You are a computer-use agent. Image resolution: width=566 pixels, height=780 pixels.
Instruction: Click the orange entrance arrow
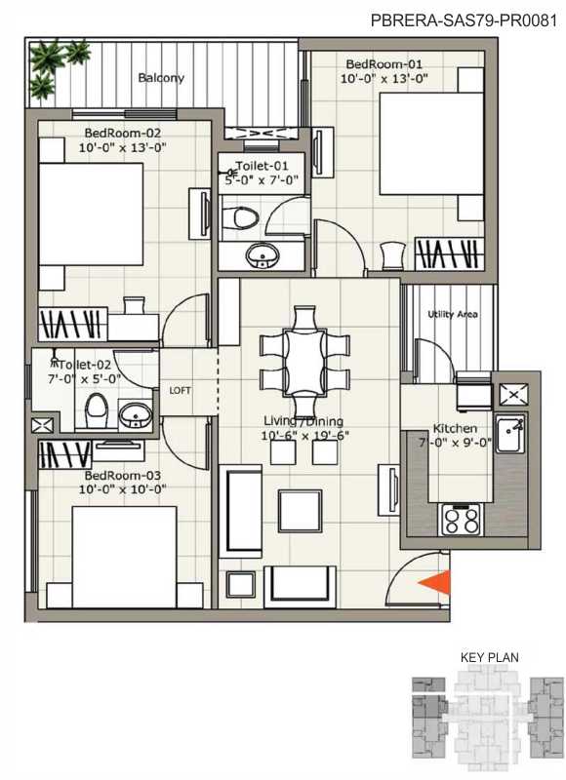point(436,582)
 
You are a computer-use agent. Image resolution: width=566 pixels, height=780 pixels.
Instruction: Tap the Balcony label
point(161,78)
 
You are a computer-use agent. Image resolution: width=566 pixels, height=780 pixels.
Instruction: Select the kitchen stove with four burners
point(461,520)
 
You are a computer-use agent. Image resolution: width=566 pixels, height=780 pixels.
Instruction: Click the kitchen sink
point(510,434)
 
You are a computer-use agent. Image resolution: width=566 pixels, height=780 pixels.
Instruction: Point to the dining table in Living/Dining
point(303,362)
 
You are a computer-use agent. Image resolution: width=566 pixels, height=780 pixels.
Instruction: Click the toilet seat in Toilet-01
point(238,218)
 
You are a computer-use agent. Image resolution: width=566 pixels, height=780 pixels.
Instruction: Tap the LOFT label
point(180,391)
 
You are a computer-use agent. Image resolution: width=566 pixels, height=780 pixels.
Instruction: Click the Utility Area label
point(453,314)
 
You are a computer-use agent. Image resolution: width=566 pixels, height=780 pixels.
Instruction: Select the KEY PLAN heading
point(489,657)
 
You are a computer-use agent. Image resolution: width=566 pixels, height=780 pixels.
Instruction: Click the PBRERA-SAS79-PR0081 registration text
point(464,20)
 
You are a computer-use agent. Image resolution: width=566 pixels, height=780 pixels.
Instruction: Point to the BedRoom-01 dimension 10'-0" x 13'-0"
point(384,79)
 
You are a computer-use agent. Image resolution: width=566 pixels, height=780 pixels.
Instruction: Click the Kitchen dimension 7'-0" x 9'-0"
point(455,443)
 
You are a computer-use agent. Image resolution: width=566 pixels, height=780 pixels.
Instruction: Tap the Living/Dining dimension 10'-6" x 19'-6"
point(304,436)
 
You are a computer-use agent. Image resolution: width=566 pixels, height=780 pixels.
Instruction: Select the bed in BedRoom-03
point(124,557)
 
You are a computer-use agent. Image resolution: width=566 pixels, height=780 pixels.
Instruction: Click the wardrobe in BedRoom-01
point(450,254)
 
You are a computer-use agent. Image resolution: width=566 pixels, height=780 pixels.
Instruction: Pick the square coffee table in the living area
point(300,511)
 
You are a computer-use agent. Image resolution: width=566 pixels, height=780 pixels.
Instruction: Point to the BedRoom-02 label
point(122,134)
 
